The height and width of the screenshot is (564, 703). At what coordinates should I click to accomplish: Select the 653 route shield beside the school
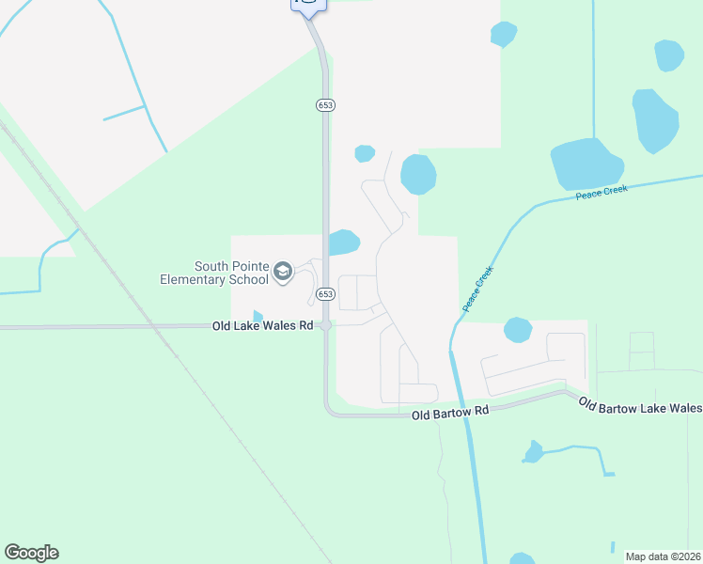click(x=325, y=294)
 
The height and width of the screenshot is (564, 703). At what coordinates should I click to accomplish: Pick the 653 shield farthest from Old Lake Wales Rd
click(x=325, y=105)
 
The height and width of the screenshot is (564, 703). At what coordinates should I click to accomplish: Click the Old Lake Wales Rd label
click(x=262, y=326)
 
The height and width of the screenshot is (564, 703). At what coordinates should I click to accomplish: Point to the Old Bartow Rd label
click(x=451, y=412)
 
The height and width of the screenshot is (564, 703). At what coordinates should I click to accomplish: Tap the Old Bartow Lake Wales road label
click(x=639, y=406)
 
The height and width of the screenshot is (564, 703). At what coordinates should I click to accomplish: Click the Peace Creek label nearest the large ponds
click(x=601, y=193)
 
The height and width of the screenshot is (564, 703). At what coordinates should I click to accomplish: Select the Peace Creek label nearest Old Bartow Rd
click(x=477, y=289)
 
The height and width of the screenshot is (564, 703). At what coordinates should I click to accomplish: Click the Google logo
click(x=31, y=553)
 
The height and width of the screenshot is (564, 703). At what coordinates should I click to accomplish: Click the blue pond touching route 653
click(x=344, y=243)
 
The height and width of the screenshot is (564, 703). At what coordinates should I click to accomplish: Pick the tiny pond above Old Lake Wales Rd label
click(x=258, y=316)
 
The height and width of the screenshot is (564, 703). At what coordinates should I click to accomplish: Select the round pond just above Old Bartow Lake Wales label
click(x=518, y=330)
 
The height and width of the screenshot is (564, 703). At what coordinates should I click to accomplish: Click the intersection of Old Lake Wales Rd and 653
click(x=325, y=326)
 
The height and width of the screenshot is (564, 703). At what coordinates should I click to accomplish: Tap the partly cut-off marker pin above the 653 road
click(x=308, y=5)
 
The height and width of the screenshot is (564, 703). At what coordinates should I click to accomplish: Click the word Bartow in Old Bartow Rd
click(x=455, y=412)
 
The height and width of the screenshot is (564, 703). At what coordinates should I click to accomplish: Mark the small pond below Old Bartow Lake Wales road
click(x=534, y=452)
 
